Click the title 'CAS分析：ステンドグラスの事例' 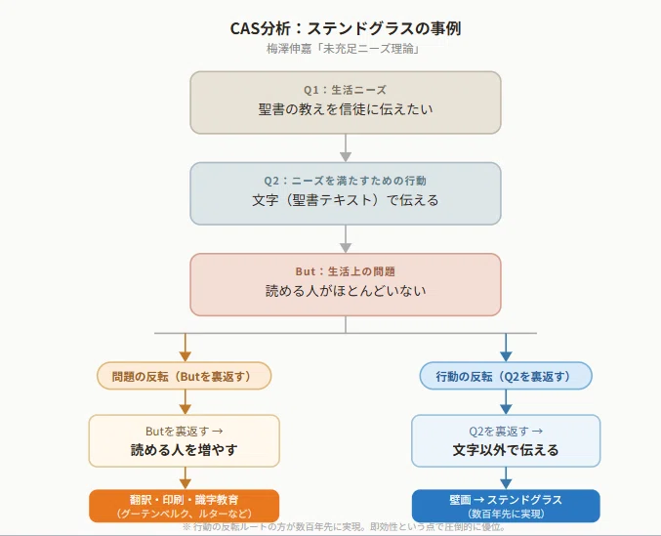coord(346,28)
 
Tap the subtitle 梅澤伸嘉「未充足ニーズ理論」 coord(343,49)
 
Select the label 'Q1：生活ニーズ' coord(346,90)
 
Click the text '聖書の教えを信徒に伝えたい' coord(346,109)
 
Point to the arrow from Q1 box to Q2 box coord(346,147)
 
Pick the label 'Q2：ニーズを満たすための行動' coord(346,181)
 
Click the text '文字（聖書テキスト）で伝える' coord(346,200)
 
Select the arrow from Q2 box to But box coord(346,239)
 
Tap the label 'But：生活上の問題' coord(346,271)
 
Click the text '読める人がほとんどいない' coord(346,291)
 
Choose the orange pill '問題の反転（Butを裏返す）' coord(184,376)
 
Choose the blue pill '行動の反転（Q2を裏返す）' coord(506,376)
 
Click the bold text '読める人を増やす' coord(184,450)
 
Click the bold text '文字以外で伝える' coord(506,450)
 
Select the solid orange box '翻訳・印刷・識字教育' coord(184,506)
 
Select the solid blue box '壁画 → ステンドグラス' coord(506,506)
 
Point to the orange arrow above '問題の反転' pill coord(186,348)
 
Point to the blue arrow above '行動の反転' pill coord(506,348)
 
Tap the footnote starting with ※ coord(344,527)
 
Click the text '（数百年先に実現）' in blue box coord(506,514)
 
